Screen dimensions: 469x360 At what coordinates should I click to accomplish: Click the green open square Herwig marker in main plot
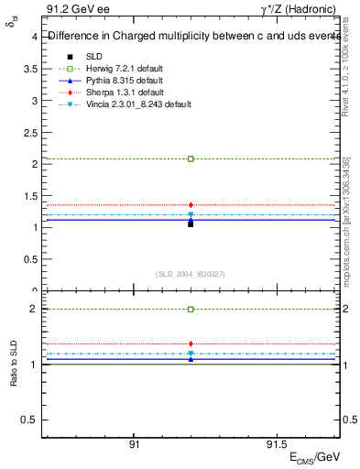191,158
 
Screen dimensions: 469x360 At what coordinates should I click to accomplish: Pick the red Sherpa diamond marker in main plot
191,205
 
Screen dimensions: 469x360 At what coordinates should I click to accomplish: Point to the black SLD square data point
191,224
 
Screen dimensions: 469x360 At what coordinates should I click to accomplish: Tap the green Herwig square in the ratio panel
191,309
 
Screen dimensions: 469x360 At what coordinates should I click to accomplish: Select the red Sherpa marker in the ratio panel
191,344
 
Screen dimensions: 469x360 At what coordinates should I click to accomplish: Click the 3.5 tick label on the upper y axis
28,70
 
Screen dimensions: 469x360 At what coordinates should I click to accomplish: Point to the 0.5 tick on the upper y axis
28,259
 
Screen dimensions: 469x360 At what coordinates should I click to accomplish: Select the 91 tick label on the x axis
134,442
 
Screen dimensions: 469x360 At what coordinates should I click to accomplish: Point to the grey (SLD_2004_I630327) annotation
191,274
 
